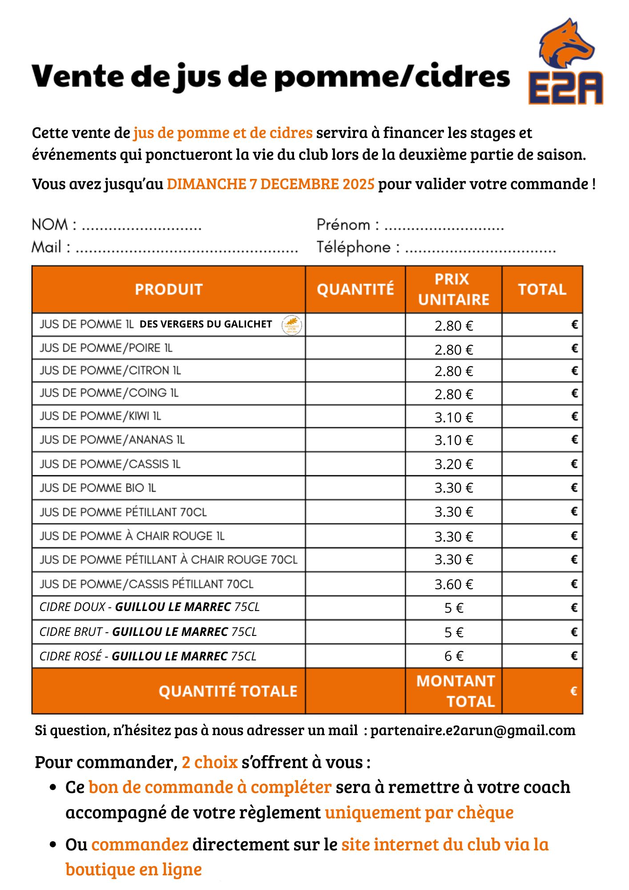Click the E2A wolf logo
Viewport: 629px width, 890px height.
566,62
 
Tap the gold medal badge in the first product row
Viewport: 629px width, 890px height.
292,325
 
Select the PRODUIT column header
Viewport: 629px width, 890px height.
169,289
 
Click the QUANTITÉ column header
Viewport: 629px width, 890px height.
355,289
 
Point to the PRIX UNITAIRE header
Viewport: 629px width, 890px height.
453,289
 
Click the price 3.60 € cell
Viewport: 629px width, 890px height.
453,584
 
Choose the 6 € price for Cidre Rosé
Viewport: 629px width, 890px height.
453,656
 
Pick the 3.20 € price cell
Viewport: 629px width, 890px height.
453,464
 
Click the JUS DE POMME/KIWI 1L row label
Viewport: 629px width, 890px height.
100,416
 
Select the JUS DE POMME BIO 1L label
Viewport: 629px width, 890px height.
98,488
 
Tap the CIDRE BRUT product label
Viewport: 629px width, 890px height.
148,632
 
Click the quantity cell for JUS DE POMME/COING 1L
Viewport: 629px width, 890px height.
355,393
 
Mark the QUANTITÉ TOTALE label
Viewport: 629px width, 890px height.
228,691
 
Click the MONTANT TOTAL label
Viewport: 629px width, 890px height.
456,691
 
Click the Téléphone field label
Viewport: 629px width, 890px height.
354,247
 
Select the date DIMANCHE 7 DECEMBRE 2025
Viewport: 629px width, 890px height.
270,184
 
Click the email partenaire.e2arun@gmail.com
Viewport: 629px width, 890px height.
473,730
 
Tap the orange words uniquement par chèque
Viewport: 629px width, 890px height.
419,813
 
